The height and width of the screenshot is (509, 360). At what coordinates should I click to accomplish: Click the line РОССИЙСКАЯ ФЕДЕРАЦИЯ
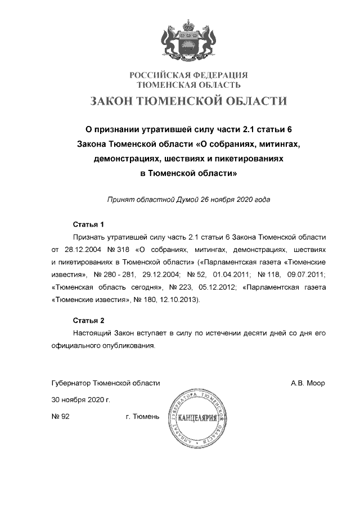tap(189, 75)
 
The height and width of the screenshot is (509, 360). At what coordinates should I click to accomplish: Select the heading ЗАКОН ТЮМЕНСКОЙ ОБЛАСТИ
tap(189, 102)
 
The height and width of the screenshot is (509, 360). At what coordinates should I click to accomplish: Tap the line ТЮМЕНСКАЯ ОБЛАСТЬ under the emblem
tap(189, 85)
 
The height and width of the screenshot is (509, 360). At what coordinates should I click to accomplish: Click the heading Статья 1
tap(89, 224)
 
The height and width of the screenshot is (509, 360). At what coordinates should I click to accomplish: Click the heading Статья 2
tap(89, 321)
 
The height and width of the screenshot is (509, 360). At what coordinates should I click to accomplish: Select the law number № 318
tap(116, 249)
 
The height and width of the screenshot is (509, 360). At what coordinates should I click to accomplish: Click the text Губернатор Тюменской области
tap(106, 383)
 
